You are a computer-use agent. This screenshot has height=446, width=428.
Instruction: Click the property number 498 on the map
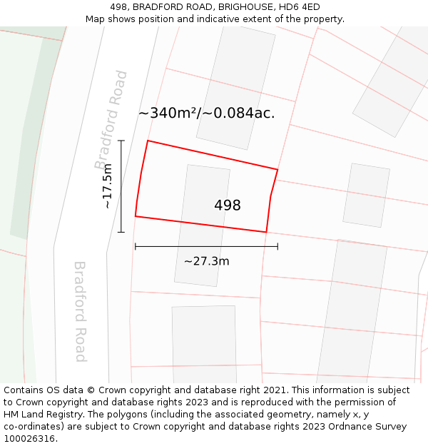pos(228,206)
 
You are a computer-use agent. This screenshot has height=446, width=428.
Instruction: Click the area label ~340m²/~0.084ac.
pos(206,113)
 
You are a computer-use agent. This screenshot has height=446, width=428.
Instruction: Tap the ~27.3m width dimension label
pos(206,261)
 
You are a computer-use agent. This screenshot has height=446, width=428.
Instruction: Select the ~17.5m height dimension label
pos(108,186)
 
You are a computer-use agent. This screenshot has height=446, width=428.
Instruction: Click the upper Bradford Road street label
pos(111,119)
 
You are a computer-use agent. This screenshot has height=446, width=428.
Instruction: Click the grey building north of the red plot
pos(235,86)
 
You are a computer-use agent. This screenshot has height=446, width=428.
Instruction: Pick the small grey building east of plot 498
pos(366,195)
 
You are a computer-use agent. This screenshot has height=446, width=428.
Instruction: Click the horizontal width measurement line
pos(206,247)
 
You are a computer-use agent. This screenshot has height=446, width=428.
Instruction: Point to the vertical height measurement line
pos(121,186)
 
